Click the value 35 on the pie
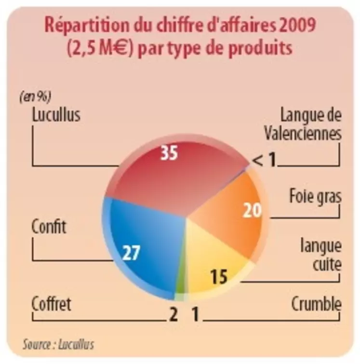tap(169, 153)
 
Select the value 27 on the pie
tap(131, 253)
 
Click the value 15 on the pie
tap(218, 277)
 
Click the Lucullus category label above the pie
tap(56, 116)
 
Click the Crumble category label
tap(317, 304)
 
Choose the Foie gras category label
tap(315, 197)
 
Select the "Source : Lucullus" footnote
tap(58, 344)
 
